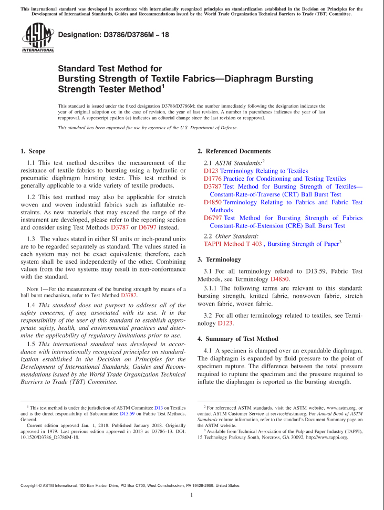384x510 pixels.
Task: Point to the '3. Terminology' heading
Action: click(219, 259)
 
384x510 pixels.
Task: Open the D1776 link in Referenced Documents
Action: click(211, 179)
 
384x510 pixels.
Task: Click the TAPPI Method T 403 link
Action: click(232, 244)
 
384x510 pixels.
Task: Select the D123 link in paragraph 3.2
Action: click(225, 324)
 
